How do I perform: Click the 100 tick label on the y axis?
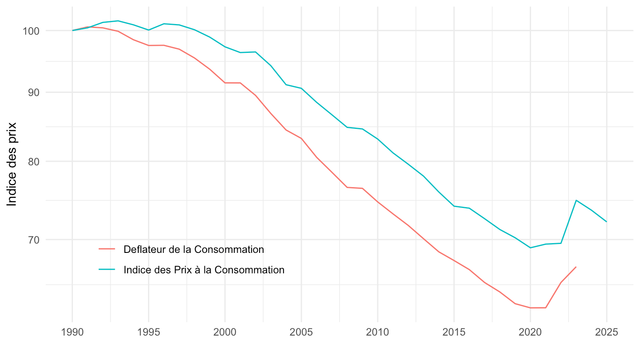click(33, 31)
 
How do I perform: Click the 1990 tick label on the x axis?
click(72, 333)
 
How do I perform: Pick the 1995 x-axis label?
click(148, 333)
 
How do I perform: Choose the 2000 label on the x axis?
click(225, 333)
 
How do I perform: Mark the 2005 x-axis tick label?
click(301, 333)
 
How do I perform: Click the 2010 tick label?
click(377, 333)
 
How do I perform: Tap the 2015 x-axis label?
click(454, 333)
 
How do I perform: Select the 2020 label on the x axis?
click(530, 333)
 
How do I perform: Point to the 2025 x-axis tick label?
click(607, 333)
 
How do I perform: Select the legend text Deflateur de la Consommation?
click(194, 249)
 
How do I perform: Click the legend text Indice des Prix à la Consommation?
click(204, 270)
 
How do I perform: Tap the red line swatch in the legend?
click(107, 249)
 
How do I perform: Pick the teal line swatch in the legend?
click(107, 270)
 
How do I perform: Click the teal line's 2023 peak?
click(576, 200)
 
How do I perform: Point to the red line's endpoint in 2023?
click(576, 267)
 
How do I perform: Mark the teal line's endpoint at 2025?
click(607, 222)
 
